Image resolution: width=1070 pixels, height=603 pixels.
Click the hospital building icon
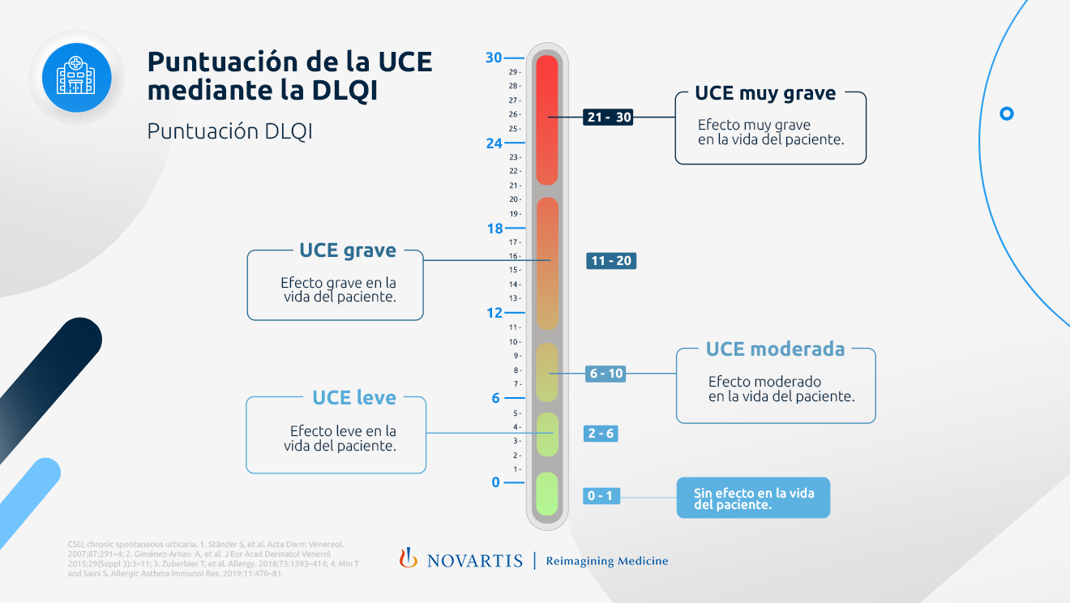[76, 77]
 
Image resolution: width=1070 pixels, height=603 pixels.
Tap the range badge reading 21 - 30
[608, 118]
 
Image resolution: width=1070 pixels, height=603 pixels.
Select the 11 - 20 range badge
[611, 261]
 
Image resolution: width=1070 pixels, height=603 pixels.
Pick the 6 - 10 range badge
[606, 374]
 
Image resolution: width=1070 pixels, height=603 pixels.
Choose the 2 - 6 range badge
[601, 434]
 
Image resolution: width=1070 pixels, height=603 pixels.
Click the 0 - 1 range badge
[601, 496]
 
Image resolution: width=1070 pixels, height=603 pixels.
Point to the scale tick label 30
[494, 58]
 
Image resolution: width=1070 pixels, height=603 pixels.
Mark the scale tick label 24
[494, 143]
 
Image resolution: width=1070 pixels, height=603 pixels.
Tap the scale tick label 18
[494, 229]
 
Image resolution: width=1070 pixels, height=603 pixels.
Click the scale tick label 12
[494, 313]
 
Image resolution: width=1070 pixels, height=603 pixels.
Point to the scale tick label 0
[496, 482]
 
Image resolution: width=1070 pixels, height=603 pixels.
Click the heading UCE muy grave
[765, 93]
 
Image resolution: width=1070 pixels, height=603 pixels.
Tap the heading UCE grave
[348, 250]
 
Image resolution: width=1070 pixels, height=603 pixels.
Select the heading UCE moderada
[775, 349]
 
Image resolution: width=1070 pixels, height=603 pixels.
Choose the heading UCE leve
[354, 397]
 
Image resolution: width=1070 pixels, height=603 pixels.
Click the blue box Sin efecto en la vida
[753, 498]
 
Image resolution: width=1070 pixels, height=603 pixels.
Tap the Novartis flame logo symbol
[409, 558]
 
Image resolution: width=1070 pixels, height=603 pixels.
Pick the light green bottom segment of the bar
[547, 494]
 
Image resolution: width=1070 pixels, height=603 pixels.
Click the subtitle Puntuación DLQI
[229, 131]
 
